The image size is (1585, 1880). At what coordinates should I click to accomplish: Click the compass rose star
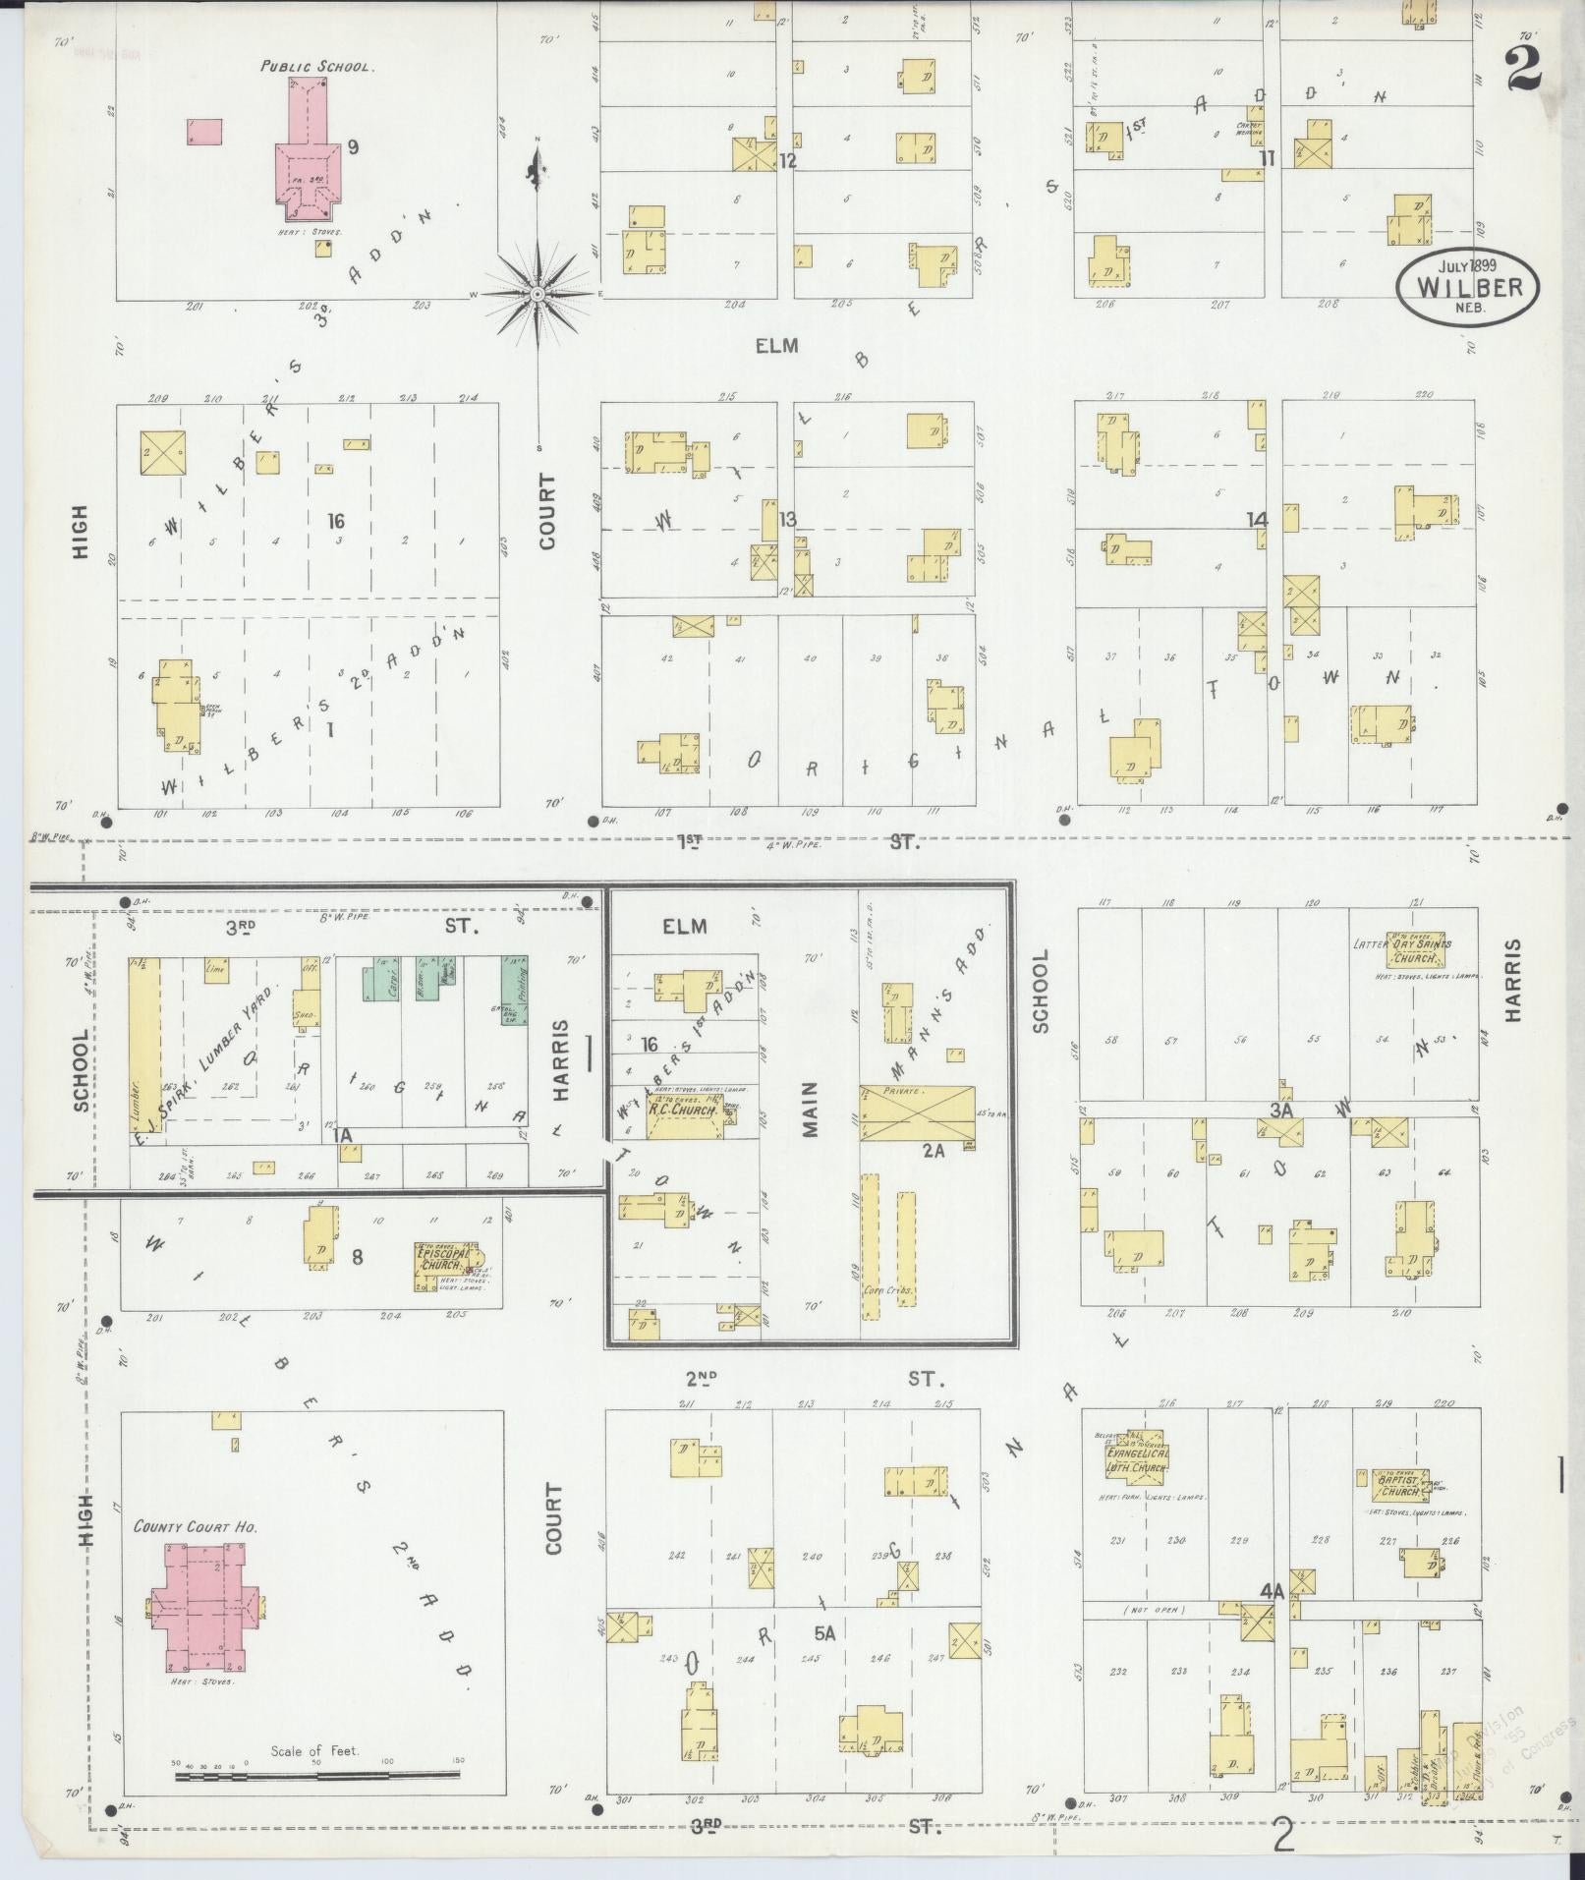[538, 294]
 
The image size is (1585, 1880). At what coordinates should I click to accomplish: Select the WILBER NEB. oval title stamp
[1467, 286]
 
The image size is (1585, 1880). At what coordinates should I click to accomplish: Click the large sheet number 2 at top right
[1521, 71]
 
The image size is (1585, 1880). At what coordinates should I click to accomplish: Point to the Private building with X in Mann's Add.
[917, 1112]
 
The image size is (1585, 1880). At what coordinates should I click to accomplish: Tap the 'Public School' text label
[316, 66]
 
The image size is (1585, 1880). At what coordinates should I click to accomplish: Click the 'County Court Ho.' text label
[195, 1556]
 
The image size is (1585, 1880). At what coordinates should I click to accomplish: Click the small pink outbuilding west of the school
[204, 132]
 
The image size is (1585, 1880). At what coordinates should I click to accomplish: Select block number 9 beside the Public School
[352, 148]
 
